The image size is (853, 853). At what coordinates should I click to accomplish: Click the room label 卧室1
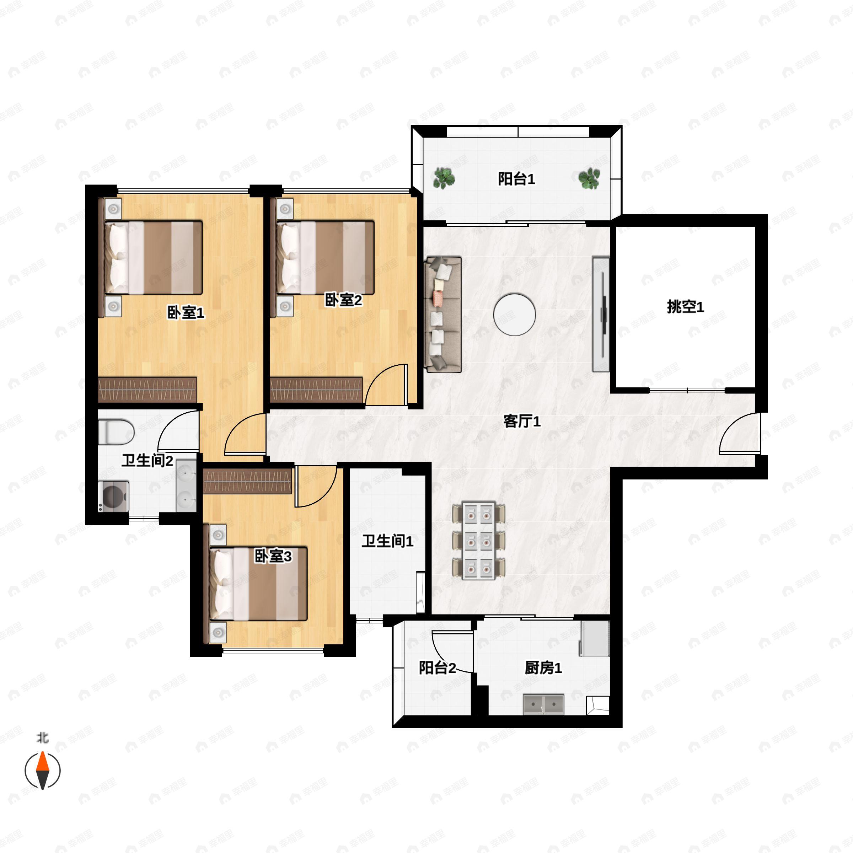(x=186, y=313)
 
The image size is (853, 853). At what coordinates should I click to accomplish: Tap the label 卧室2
(x=343, y=300)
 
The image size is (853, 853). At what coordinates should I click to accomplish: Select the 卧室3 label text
(x=273, y=556)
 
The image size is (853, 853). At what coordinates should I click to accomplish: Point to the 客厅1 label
(x=522, y=421)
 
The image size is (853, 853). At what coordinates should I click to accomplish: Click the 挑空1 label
(x=685, y=306)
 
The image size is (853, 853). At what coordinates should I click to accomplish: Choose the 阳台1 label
(x=516, y=179)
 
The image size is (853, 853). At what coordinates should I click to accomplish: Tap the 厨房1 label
(x=543, y=668)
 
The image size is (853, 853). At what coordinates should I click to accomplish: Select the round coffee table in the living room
(x=514, y=315)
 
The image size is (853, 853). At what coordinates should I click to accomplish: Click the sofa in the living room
(x=442, y=314)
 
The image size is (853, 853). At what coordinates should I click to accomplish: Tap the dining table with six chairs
(x=479, y=540)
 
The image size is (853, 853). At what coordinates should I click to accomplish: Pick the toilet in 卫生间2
(x=116, y=431)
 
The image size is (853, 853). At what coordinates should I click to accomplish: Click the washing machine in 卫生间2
(x=113, y=496)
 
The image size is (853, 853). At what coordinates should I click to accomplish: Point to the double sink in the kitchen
(x=543, y=704)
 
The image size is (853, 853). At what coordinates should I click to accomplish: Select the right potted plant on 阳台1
(x=589, y=178)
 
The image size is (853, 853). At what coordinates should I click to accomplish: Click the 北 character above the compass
(x=42, y=737)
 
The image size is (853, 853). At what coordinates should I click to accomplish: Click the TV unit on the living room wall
(x=601, y=314)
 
